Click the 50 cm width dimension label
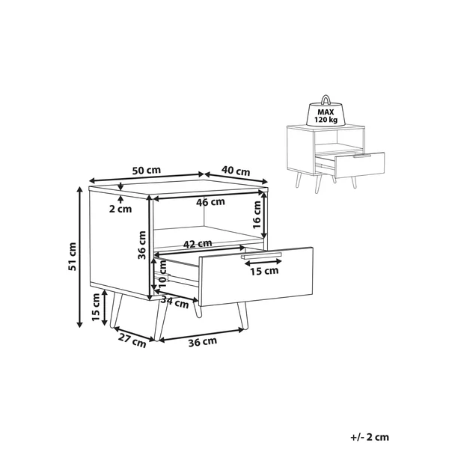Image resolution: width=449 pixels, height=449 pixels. tap(147, 171)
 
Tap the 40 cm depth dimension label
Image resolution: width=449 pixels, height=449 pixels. tap(236, 171)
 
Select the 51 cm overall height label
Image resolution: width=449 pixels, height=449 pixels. tap(73, 256)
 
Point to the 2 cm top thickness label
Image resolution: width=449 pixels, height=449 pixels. tap(120, 209)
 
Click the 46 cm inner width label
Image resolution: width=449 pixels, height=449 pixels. tap(210, 202)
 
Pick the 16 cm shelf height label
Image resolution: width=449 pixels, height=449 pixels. tap(257, 215)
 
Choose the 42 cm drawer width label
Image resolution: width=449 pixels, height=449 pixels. tap(198, 244)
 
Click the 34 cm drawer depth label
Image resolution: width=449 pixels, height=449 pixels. tap(174, 302)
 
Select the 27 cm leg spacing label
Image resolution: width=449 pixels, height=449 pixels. tap(132, 340)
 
